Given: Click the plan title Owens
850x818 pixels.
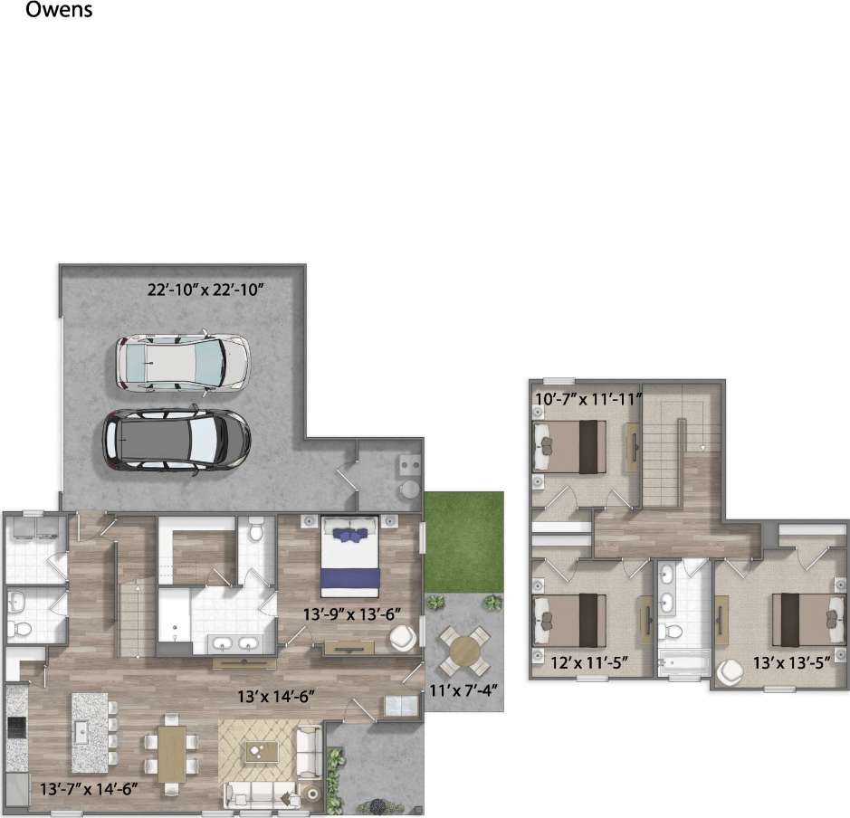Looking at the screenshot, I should coord(60,12).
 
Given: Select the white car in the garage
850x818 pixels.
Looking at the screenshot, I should coord(182,364).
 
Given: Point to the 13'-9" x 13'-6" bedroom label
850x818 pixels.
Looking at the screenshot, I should coord(352,613).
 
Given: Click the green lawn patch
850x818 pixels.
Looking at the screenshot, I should coord(463,541).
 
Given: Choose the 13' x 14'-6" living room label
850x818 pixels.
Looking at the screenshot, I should coord(276,697).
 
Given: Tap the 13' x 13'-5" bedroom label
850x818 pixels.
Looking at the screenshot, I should coord(791,662).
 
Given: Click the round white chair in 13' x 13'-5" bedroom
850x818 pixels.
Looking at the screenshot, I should coord(731,673).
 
